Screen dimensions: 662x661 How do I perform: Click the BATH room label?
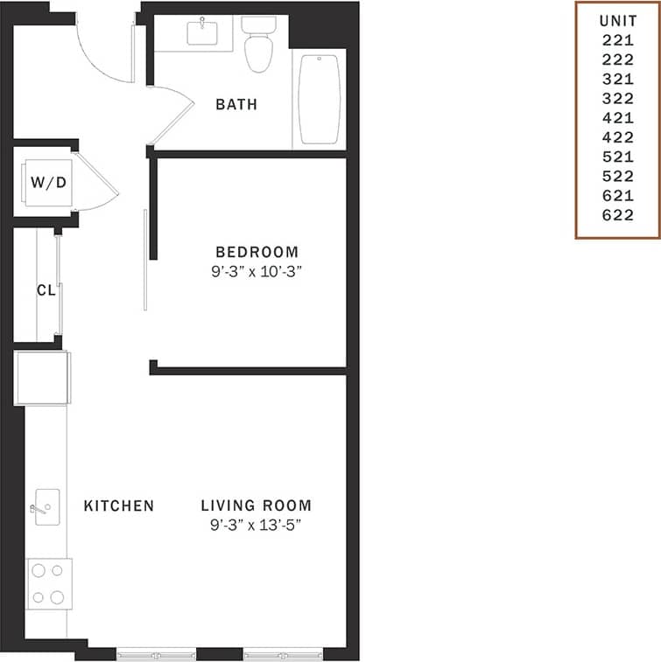tap(236, 104)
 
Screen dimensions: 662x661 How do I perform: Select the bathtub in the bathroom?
tap(319, 99)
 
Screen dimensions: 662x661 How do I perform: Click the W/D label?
tap(47, 183)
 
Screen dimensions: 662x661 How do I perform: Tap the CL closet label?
tap(46, 289)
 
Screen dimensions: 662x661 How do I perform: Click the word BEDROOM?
tap(261, 251)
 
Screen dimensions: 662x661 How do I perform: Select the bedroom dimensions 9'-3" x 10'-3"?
tap(261, 271)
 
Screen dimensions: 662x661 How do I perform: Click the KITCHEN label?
tap(119, 505)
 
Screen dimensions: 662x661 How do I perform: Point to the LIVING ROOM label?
tap(256, 505)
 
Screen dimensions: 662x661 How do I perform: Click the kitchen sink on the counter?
tap(46, 507)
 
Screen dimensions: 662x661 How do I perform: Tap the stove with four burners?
tap(49, 584)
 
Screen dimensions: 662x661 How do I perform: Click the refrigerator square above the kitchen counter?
tap(42, 378)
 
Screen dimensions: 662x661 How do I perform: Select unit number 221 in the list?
tap(617, 38)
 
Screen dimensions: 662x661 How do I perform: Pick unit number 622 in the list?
tap(617, 215)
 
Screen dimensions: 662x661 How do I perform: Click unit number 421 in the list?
tap(617, 117)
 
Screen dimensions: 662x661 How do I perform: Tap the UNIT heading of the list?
tap(617, 19)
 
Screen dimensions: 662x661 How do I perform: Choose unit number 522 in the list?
tap(617, 177)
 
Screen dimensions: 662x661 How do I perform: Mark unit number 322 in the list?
tap(617, 98)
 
